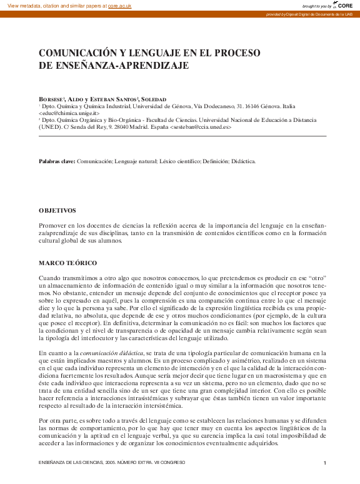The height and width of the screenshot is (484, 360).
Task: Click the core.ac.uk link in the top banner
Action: [120, 5]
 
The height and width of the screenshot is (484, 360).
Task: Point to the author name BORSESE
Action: [52, 100]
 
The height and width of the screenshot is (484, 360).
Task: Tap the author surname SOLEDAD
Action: [154, 100]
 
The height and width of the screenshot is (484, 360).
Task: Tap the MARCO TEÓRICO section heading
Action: [67, 263]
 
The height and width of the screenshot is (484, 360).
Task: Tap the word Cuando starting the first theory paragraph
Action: [51, 277]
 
